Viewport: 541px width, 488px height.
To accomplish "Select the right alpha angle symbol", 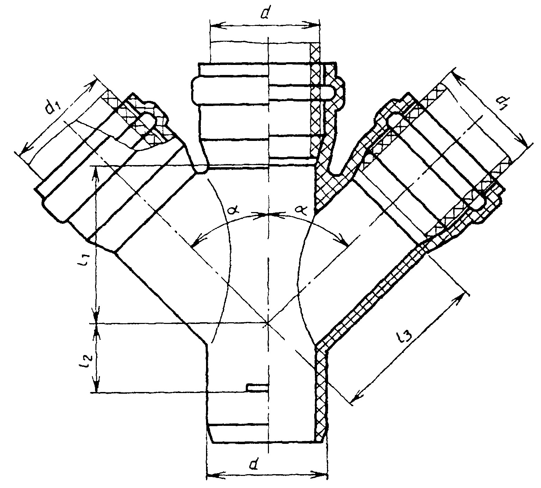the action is [x=302, y=209].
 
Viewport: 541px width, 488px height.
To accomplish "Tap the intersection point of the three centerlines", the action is [x=268, y=323].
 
